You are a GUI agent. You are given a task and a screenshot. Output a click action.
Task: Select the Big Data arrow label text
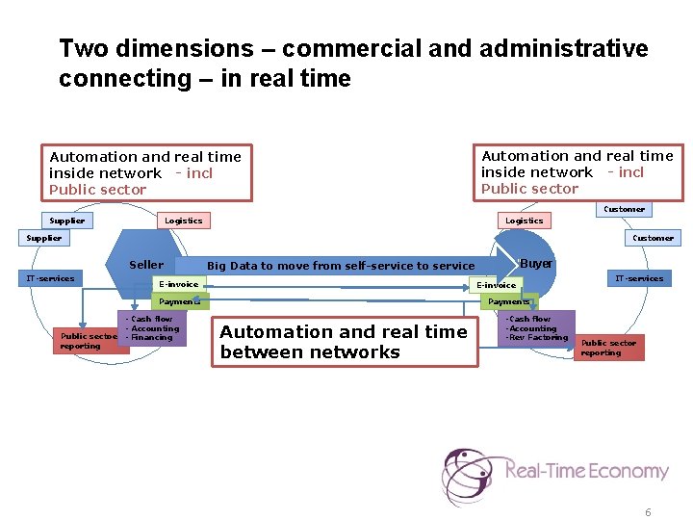click(341, 266)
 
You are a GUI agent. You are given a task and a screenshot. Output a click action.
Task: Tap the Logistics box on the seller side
click(183, 221)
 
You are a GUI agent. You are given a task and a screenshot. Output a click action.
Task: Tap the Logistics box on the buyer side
click(524, 221)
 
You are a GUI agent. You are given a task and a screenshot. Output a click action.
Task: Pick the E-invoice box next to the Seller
click(178, 284)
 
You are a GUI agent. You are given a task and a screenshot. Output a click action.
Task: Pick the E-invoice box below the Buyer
click(497, 285)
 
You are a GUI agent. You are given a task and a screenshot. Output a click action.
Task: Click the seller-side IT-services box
click(50, 278)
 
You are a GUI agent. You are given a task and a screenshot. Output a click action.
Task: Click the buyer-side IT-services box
click(639, 278)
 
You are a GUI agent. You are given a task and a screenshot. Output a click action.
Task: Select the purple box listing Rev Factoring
click(539, 328)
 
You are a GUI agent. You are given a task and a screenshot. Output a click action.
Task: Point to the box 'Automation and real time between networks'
click(343, 342)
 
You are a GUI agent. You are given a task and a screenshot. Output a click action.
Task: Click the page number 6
click(648, 512)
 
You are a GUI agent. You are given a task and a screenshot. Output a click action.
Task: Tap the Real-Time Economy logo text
click(586, 471)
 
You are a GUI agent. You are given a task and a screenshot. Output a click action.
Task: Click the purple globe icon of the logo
click(468, 474)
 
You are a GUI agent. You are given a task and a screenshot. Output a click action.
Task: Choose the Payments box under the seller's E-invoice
click(180, 301)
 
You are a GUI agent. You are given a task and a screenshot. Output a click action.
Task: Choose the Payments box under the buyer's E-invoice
click(509, 301)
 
